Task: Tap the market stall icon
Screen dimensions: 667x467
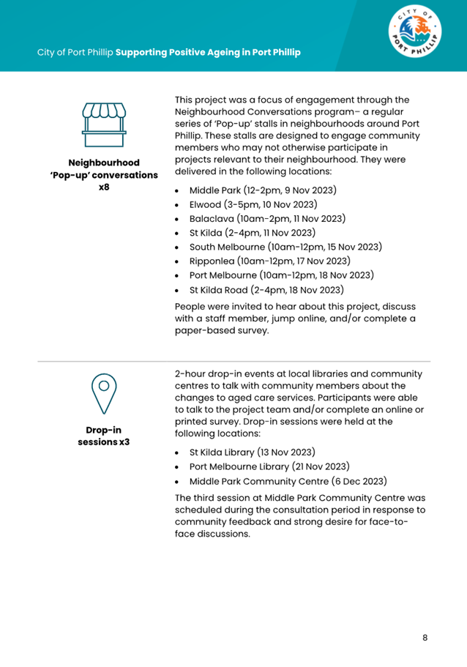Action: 103,124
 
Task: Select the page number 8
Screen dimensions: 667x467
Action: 425,638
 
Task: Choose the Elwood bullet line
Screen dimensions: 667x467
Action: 252,205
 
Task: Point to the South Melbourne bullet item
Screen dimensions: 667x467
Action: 285,247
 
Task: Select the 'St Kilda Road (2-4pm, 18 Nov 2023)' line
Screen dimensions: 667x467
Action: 266,290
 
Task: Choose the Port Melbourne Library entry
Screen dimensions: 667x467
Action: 269,466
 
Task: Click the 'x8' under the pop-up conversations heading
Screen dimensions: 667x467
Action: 103,188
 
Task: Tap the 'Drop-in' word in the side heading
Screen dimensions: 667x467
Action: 103,430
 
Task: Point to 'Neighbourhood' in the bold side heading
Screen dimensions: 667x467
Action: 103,162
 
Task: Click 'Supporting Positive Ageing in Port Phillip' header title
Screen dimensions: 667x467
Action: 208,53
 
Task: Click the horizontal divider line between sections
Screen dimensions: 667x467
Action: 233,361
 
